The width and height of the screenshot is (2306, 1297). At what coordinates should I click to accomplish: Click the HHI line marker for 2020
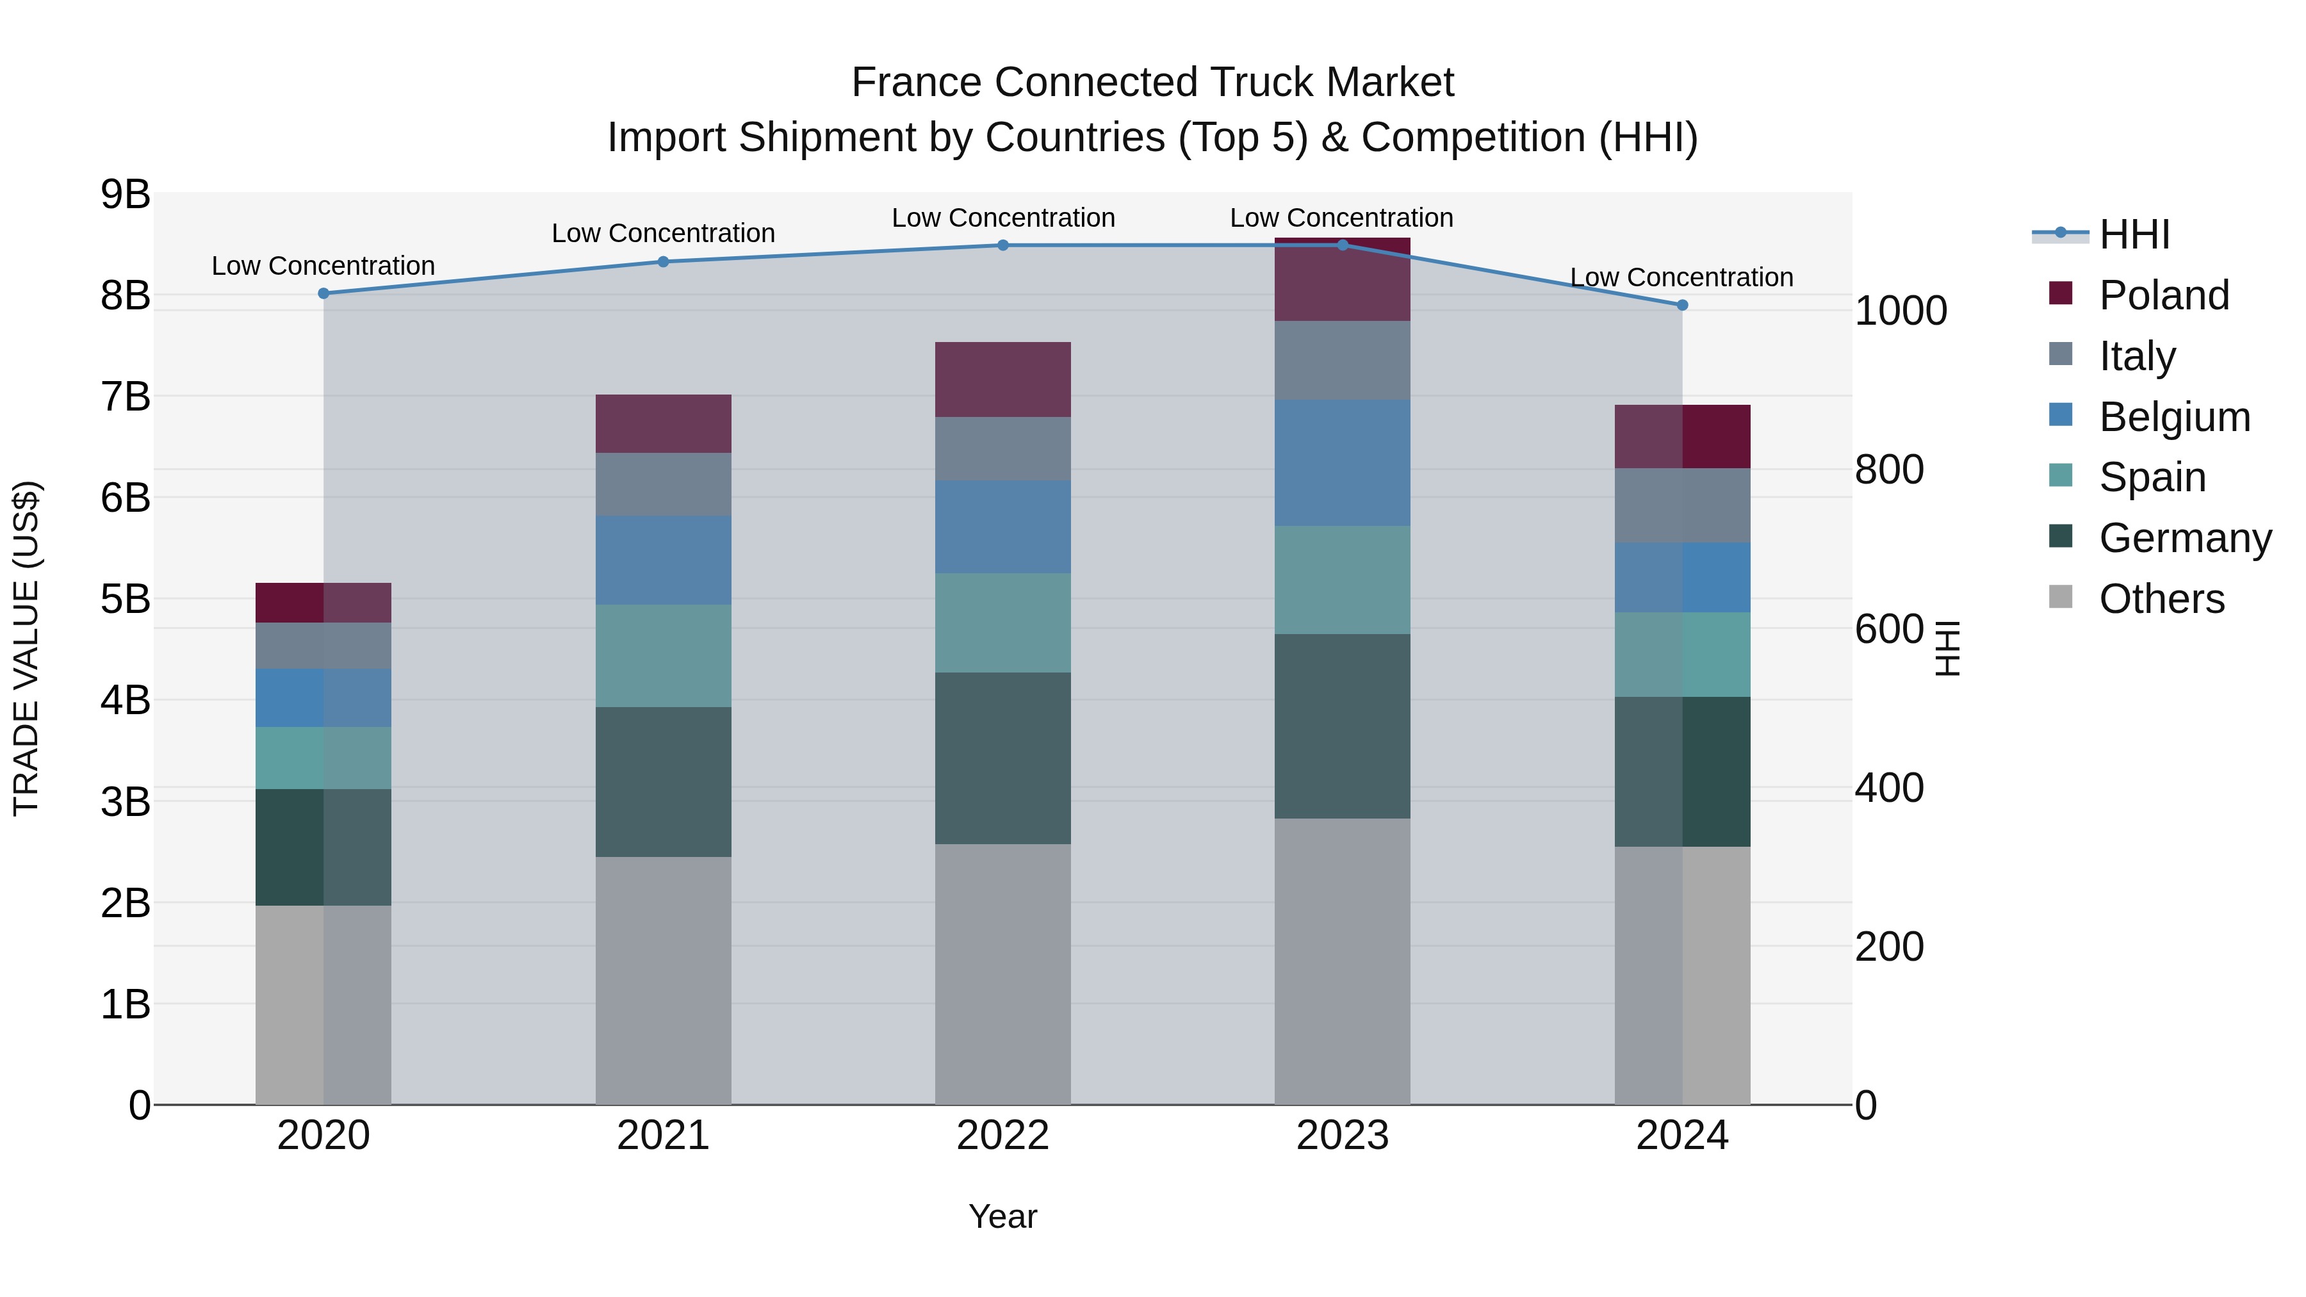(x=323, y=293)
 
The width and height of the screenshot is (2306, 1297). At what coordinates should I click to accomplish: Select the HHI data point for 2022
(x=1002, y=245)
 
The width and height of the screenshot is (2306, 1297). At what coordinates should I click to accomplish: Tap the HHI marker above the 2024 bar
(x=1682, y=306)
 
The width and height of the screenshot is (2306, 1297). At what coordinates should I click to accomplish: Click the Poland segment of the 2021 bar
(x=664, y=423)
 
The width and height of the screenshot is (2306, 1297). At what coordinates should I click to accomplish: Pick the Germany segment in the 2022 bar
(x=1002, y=758)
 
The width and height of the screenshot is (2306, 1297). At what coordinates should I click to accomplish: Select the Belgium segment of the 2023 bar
(x=1342, y=463)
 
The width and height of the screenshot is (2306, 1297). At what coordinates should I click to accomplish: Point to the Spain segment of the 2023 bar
(x=1342, y=580)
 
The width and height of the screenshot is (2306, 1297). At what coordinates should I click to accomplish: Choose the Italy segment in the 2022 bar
(x=1002, y=450)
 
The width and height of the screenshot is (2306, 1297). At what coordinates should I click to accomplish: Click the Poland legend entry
(x=2164, y=295)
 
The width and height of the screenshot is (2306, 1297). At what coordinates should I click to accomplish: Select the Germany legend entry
(x=2185, y=538)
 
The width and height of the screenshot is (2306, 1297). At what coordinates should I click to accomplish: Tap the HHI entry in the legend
(x=2134, y=234)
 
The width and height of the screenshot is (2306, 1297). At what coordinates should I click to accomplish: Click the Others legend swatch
(x=2061, y=597)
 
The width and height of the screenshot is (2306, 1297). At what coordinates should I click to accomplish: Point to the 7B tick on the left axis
(x=126, y=396)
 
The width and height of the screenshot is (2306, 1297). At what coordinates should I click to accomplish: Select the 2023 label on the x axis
(x=1342, y=1136)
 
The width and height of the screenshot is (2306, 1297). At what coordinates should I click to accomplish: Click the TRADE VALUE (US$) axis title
(x=27, y=648)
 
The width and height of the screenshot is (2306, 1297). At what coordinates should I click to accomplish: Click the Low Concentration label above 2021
(x=664, y=234)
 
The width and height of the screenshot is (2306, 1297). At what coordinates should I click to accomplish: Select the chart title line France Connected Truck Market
(x=1152, y=83)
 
